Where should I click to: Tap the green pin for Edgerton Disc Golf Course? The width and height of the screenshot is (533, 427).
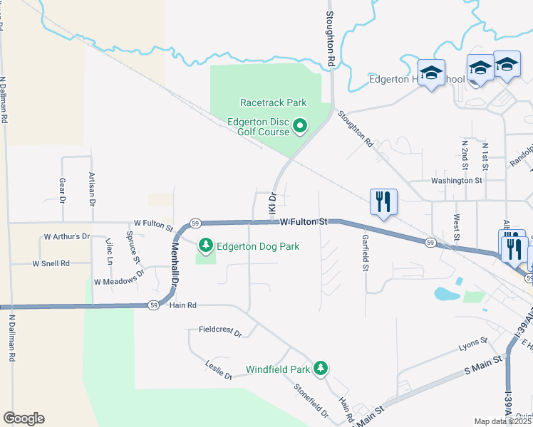[x=300, y=127]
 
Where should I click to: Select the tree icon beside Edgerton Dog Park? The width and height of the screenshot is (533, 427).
[x=206, y=246]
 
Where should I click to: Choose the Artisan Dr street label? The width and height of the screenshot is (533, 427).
[x=92, y=189]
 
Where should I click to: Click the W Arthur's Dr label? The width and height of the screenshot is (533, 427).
[x=67, y=236]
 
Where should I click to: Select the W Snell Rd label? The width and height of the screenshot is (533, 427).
[x=51, y=263]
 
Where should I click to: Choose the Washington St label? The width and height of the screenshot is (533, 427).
[x=456, y=181]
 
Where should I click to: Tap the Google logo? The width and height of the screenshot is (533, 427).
[x=24, y=418]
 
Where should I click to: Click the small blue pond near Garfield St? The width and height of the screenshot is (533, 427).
[x=446, y=292]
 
